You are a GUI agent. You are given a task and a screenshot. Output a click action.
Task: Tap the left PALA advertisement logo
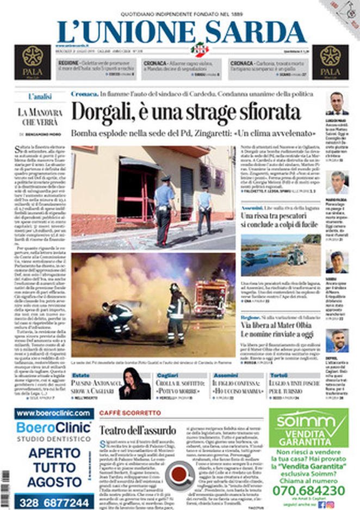click(32, 62)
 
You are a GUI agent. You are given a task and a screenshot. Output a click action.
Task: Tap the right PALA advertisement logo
click(330, 62)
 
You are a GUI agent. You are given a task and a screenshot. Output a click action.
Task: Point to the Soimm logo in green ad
click(308, 421)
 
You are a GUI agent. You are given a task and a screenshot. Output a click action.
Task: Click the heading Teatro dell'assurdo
click(138, 429)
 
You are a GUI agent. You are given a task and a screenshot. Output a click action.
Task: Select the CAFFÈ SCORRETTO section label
click(122, 413)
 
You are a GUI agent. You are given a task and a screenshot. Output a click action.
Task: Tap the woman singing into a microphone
click(134, 383)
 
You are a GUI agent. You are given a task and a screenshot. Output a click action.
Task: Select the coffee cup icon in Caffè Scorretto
click(180, 475)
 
